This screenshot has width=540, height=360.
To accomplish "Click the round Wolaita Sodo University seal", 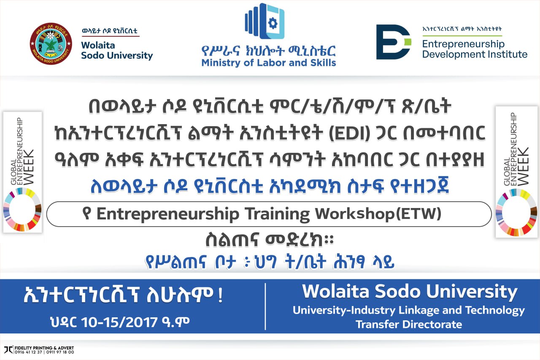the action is (x=51, y=43).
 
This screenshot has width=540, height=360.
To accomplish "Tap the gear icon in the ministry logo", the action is (x=273, y=23).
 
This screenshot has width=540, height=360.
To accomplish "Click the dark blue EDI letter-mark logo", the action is (x=394, y=42).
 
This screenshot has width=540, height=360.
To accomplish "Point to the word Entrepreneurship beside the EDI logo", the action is (x=463, y=44).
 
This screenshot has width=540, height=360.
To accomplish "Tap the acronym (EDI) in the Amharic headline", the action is (x=350, y=133).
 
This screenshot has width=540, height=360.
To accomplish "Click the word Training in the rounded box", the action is (x=277, y=214).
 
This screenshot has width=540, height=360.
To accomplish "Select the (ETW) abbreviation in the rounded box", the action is (x=419, y=214).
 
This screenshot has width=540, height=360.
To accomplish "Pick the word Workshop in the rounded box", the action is (x=355, y=214).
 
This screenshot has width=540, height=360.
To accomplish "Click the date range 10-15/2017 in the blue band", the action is (x=120, y=322).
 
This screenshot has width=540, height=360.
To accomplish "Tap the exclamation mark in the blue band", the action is (x=220, y=295).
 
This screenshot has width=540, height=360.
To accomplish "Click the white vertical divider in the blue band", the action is (x=265, y=306).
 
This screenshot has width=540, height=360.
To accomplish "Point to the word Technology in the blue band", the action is (x=495, y=311).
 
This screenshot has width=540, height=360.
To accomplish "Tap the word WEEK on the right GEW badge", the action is (x=524, y=166).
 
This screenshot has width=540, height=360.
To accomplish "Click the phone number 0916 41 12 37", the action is (x=28, y=352).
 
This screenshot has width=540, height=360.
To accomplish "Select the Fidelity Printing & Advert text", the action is (x=44, y=348).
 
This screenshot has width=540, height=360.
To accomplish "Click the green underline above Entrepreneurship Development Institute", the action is (x=462, y=36).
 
